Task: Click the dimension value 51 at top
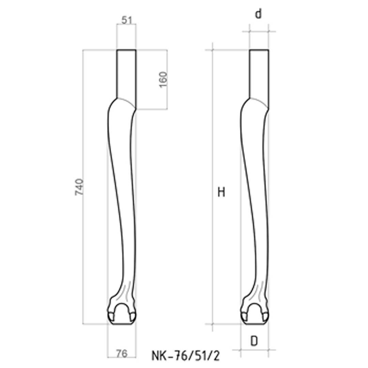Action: pos(126,20)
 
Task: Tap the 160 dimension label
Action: pos(163,79)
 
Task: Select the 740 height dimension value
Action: pos(79,187)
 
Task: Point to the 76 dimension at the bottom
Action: pos(121,353)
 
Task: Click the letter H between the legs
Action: pos(221,193)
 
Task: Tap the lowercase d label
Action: pos(259,15)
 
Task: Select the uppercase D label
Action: pos(254,341)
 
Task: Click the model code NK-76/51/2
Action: pos(186,356)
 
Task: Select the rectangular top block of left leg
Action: pos(126,73)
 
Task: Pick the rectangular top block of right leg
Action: pos(259,73)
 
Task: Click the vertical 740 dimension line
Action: pos(83,239)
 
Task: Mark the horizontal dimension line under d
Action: pos(259,31)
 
